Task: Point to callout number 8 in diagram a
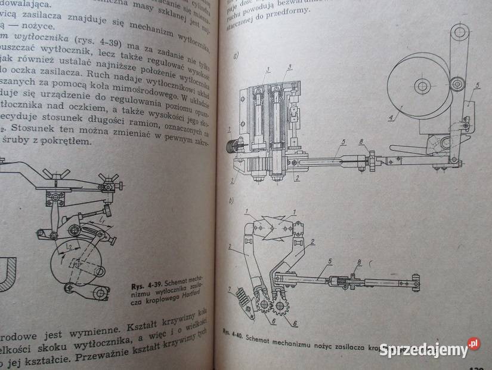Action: tap(361, 142)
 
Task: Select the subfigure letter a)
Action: tap(236, 57)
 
